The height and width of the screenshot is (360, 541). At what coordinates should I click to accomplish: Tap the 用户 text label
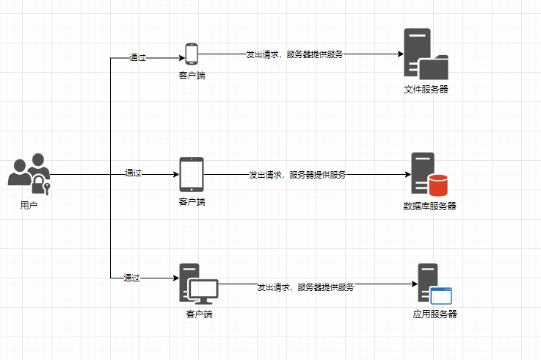tap(29, 206)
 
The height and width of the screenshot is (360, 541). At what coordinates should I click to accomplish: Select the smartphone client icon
tap(192, 54)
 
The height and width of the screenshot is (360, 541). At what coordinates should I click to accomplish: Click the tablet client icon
tap(192, 174)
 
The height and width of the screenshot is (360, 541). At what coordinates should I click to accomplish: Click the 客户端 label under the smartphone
tap(192, 75)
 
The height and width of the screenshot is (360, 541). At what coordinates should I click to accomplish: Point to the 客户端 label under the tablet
tap(192, 201)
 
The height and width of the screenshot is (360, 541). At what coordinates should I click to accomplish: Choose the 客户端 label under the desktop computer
tap(199, 314)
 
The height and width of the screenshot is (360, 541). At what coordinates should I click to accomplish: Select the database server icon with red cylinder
tap(429, 174)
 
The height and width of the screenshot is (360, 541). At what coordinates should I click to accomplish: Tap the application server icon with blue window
tap(434, 284)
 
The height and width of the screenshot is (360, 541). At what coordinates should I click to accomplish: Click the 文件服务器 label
tap(426, 90)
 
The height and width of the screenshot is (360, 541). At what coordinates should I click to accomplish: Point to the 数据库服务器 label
tap(429, 206)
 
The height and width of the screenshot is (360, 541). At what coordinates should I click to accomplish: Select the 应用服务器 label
tap(435, 314)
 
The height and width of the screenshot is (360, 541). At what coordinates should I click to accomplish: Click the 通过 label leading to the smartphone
tap(137, 57)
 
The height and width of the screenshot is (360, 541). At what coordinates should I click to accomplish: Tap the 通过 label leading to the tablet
tap(133, 173)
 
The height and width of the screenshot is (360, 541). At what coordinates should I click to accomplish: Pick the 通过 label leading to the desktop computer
tap(131, 278)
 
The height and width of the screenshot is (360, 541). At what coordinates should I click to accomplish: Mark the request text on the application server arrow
tap(305, 287)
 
